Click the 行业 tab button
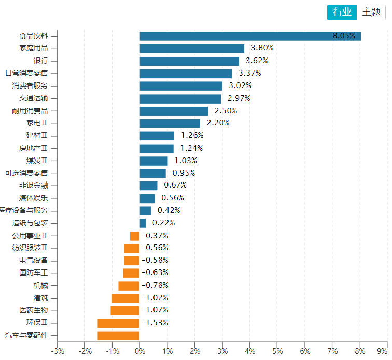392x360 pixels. pyautogui.click(x=342, y=12)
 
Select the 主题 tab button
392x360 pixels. pyautogui.click(x=371, y=12)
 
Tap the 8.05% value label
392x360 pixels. pyautogui.click(x=344, y=36)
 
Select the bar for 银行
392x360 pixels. pyautogui.click(x=189, y=61)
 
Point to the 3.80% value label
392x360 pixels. pyautogui.click(x=262, y=48)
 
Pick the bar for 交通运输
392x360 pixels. pyautogui.click(x=180, y=98)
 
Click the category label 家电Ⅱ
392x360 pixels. pyautogui.click(x=37, y=123)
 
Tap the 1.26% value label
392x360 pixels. pyautogui.click(x=192, y=135)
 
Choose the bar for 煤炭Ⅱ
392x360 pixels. pyautogui.click(x=153, y=161)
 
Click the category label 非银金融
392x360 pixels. pyautogui.click(x=34, y=185)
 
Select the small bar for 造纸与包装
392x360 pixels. pyautogui.click(x=143, y=223)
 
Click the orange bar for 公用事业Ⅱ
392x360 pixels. pyautogui.click(x=134, y=236)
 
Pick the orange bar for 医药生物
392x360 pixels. pyautogui.click(x=125, y=310)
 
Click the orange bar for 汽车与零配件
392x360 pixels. pyautogui.click(x=118, y=336)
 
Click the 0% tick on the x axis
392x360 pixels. pyautogui.click(x=139, y=351)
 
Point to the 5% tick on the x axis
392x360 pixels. pyautogui.click(x=277, y=351)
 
